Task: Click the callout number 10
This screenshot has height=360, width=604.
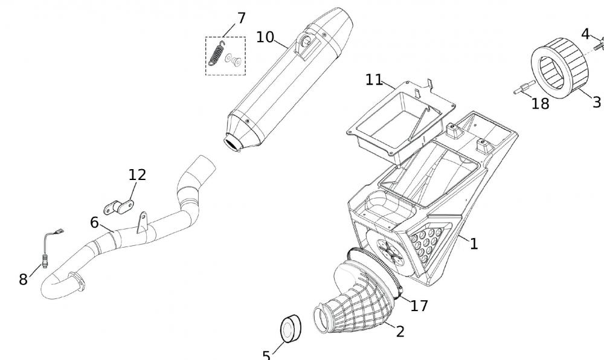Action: pyautogui.click(x=265, y=37)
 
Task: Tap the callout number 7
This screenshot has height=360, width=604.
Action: pyautogui.click(x=241, y=18)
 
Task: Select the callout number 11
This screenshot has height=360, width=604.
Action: pyautogui.click(x=374, y=79)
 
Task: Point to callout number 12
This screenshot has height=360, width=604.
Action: pyautogui.click(x=137, y=175)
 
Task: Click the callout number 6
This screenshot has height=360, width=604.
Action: pyautogui.click(x=94, y=222)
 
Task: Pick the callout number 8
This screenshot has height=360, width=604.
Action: pyautogui.click(x=23, y=279)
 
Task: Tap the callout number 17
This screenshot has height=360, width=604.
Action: pyautogui.click(x=419, y=306)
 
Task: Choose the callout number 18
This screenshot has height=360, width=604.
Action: pyautogui.click(x=540, y=104)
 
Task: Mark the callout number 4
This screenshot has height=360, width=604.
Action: pyautogui.click(x=585, y=34)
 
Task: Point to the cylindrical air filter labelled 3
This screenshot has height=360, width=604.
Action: pyautogui.click(x=560, y=69)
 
